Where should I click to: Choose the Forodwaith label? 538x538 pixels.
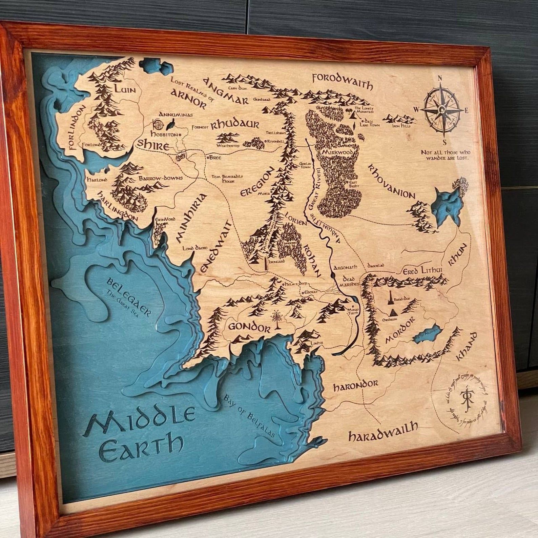tap(343, 81)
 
